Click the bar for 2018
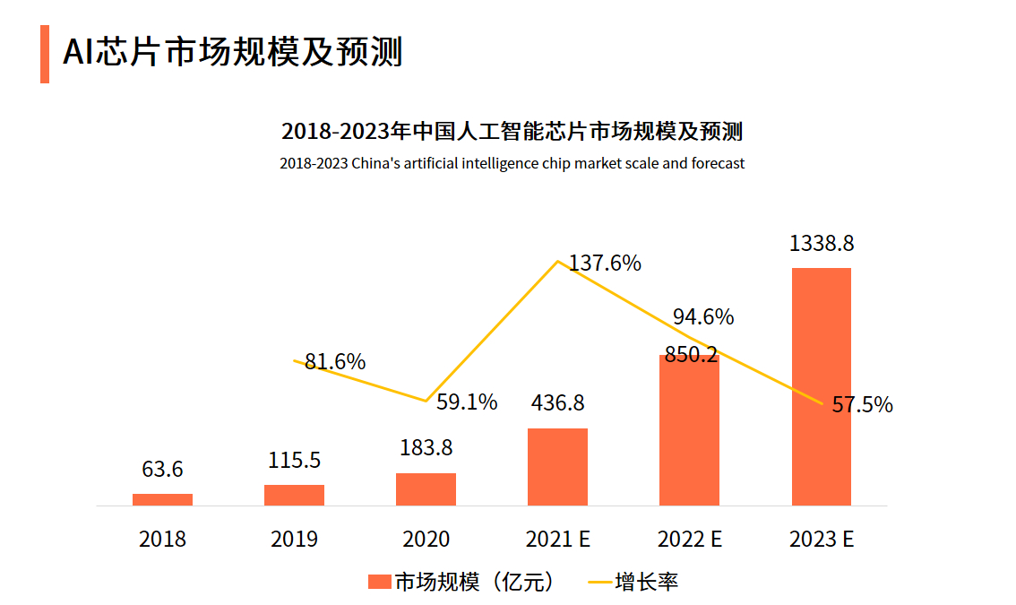click(162, 499)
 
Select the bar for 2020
click(426, 489)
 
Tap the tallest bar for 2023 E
click(821, 386)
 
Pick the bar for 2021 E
click(557, 467)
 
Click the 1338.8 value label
click(821, 244)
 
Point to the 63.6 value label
click(162, 470)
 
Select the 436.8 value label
click(557, 403)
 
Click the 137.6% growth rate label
click(606, 264)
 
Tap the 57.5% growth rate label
click(862, 405)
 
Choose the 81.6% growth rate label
click(335, 362)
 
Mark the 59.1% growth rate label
click(467, 402)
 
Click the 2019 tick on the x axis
click(294, 540)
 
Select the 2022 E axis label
click(689, 540)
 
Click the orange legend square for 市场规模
click(380, 582)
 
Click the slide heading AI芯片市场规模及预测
click(233, 53)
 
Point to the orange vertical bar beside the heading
click(45, 54)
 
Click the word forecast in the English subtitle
click(715, 164)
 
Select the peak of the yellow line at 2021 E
click(558, 261)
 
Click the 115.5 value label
click(294, 461)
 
